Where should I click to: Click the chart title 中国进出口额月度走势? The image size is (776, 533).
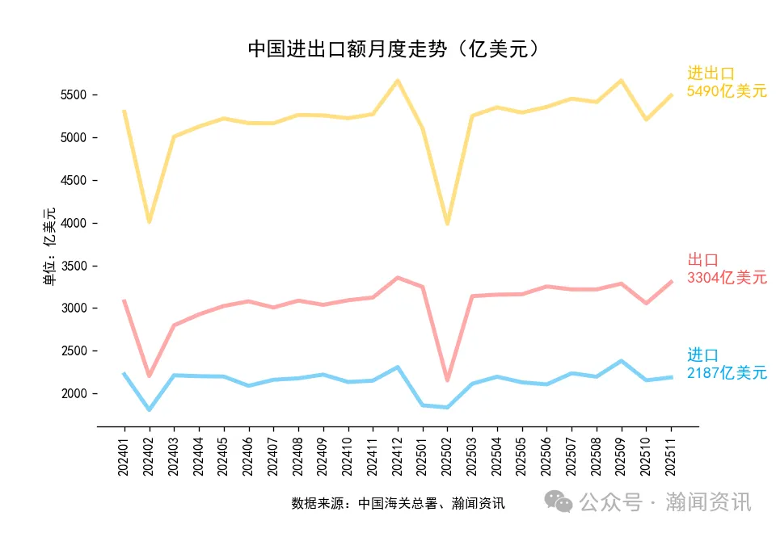click(x=394, y=50)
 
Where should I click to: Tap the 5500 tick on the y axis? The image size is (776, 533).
click(x=74, y=95)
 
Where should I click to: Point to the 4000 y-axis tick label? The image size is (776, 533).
click(x=74, y=223)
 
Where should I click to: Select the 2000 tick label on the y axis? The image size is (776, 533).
click(x=74, y=393)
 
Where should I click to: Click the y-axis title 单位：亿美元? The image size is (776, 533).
click(x=49, y=246)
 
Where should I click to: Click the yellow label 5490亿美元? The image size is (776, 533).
click(x=727, y=91)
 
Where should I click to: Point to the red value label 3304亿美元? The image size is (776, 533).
click(x=727, y=278)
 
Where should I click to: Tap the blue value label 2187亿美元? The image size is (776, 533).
click(x=727, y=373)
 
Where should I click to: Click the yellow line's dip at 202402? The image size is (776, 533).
click(x=149, y=220)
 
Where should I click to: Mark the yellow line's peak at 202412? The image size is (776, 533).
click(x=398, y=81)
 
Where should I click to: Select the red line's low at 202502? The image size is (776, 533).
click(x=448, y=380)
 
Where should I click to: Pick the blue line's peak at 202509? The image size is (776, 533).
click(x=622, y=361)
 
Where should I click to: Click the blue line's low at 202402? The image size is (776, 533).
click(x=149, y=409)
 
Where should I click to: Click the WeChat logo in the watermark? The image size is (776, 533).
click(x=559, y=502)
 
